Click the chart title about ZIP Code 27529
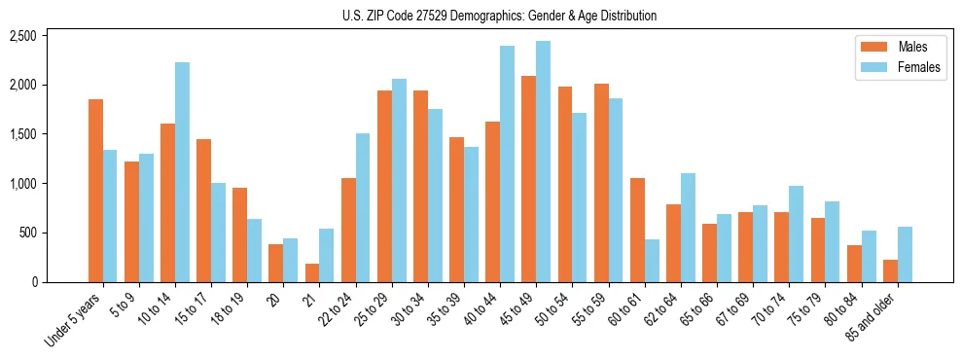coord(499,16)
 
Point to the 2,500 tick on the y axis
coord(22,36)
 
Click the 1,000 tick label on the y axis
coord(22,184)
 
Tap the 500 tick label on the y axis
coord(27,234)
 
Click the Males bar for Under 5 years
coord(95,191)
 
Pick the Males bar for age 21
coord(312,272)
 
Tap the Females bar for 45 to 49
coord(543,162)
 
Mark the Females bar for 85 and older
coord(905,254)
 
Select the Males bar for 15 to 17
coord(203,210)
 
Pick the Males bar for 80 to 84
coord(854,264)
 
